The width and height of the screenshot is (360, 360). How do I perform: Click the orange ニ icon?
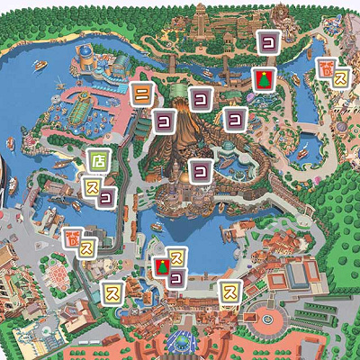point(140,93)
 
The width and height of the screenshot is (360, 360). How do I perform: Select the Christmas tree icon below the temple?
point(263,80)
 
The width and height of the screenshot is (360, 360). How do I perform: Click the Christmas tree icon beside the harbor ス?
point(161,266)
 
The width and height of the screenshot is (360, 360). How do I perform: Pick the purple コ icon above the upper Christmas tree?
point(268,41)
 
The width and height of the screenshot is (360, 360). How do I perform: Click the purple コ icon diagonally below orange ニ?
point(164,118)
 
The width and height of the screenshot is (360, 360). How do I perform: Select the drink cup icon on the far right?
point(326,68)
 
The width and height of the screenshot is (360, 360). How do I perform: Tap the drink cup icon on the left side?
point(72,238)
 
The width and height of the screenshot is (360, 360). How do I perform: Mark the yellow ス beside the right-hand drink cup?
point(341,79)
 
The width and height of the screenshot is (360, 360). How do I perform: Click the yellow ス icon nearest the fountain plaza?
point(230,291)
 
